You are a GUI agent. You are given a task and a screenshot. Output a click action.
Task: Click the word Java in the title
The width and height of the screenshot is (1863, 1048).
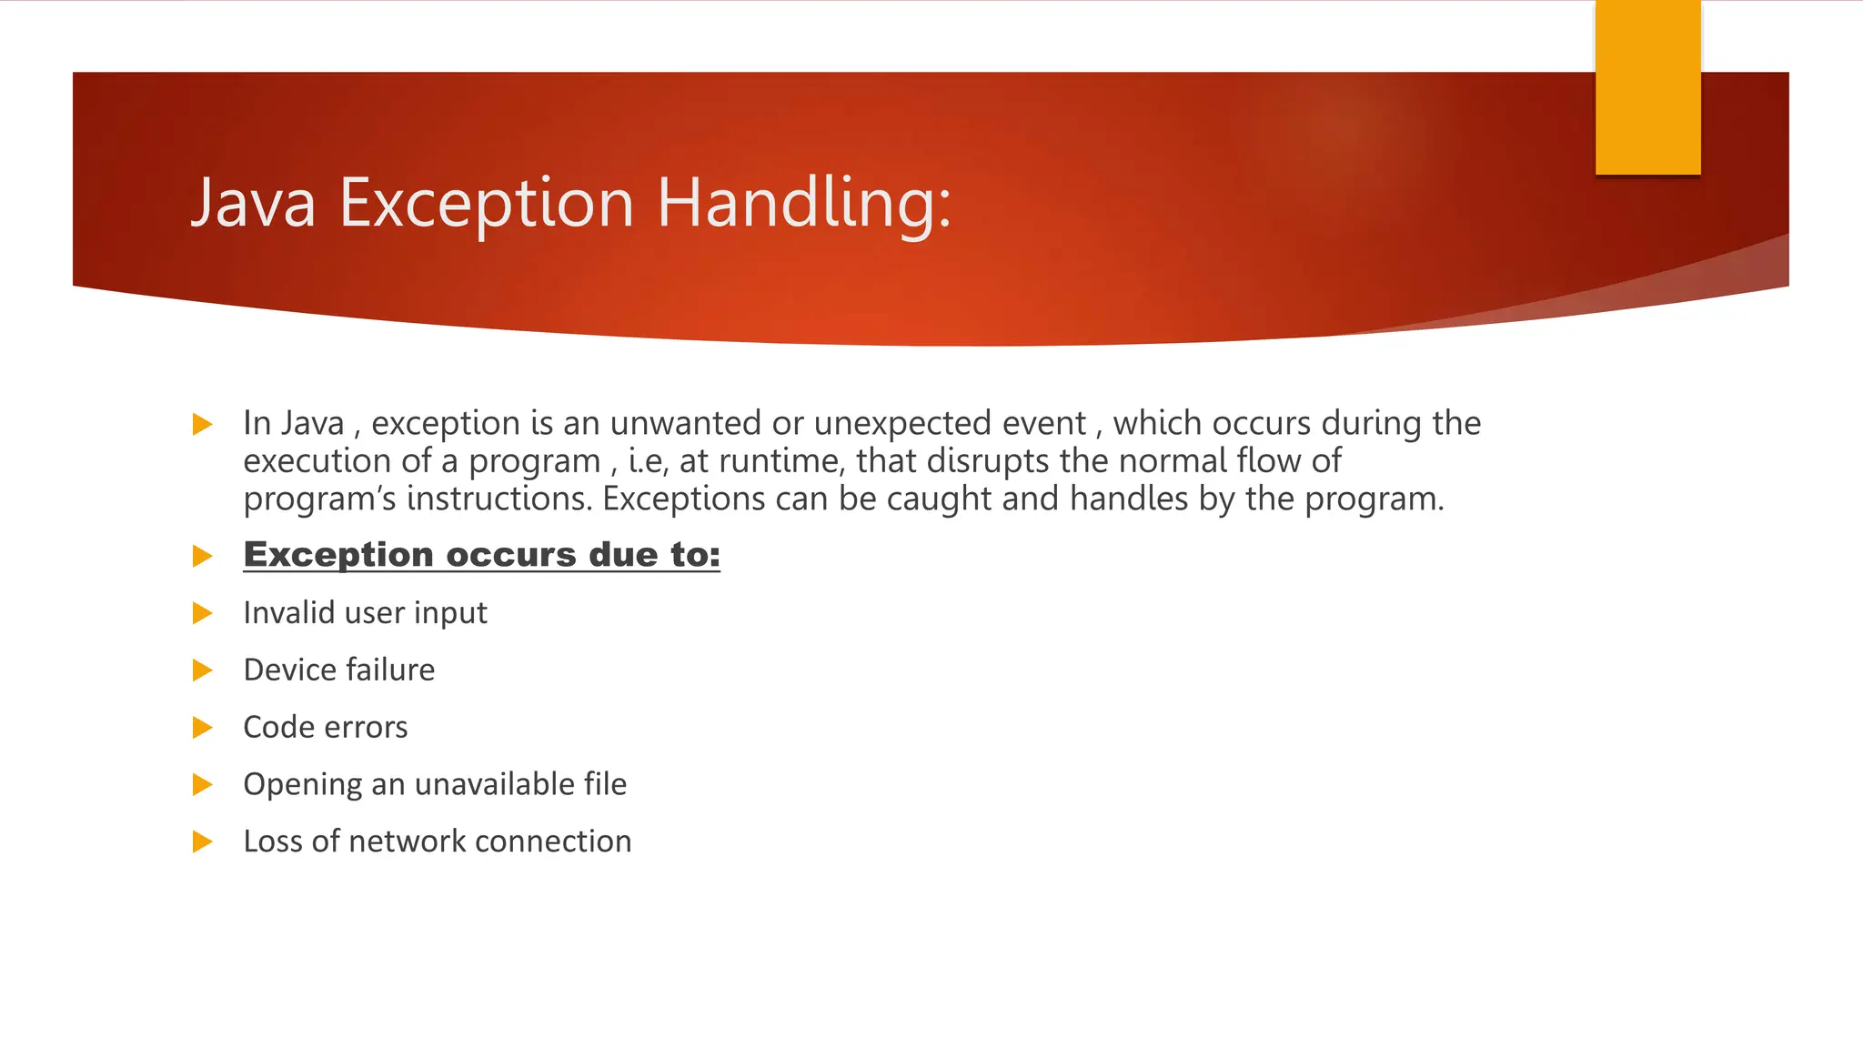click(x=253, y=203)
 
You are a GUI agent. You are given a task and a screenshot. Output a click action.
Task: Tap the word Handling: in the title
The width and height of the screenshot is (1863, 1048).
click(x=803, y=203)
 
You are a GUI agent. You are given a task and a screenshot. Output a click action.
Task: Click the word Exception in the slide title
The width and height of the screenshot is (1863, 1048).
click(x=486, y=203)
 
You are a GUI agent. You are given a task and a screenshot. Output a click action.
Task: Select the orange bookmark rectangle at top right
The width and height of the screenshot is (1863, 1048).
click(x=1647, y=87)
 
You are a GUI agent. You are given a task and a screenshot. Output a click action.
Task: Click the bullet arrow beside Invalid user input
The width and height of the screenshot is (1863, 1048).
click(x=202, y=613)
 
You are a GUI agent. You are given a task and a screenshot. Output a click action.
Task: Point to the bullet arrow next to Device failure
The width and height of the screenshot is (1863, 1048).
click(x=202, y=670)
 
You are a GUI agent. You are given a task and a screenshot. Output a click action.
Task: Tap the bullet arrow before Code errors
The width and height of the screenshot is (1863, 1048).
click(x=202, y=728)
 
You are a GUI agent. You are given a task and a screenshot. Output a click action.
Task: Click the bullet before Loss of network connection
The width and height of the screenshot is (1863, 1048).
click(x=202, y=841)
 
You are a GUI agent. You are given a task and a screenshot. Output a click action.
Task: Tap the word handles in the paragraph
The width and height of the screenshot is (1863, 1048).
click(x=1128, y=499)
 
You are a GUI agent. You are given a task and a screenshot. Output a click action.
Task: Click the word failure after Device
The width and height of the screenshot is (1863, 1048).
click(x=388, y=670)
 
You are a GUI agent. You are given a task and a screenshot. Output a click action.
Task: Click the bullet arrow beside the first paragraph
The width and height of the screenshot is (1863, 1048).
click(x=202, y=424)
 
